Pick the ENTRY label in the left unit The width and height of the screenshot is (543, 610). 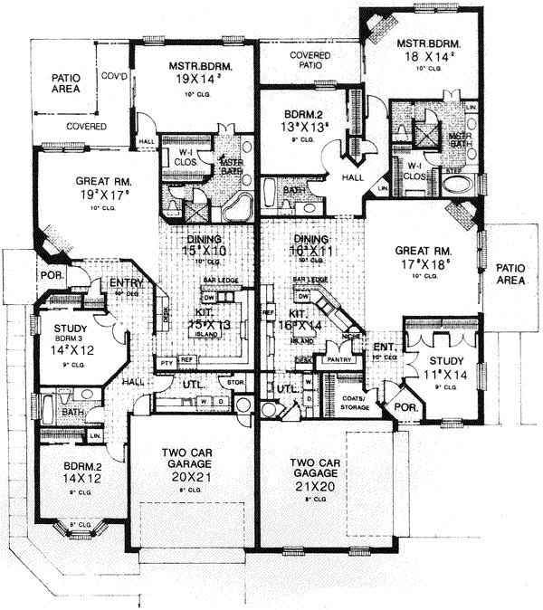click(x=126, y=284)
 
